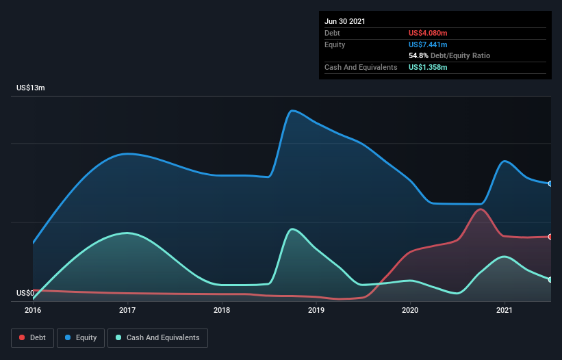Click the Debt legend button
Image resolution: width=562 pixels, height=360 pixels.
click(32, 337)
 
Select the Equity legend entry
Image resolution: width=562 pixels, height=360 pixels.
click(81, 337)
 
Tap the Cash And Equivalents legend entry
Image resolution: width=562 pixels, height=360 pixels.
click(157, 337)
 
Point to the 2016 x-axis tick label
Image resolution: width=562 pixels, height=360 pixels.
click(33, 310)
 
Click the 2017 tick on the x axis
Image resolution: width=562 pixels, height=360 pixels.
click(127, 310)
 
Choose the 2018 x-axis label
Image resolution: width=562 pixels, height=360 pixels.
click(222, 310)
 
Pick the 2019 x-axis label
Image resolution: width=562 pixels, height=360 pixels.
click(316, 310)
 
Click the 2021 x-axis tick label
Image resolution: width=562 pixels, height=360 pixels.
click(504, 310)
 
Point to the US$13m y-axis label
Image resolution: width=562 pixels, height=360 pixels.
click(31, 88)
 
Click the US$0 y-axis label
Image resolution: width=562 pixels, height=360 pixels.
click(25, 294)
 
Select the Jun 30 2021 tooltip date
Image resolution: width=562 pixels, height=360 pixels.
click(345, 21)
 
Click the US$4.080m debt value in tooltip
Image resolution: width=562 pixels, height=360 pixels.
click(429, 33)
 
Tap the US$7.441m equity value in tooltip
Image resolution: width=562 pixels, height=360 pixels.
click(429, 44)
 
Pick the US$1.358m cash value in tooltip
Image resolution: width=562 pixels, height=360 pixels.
click(429, 67)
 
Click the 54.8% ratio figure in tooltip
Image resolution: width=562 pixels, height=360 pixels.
click(420, 55)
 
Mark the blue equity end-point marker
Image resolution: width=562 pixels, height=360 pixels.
click(550, 183)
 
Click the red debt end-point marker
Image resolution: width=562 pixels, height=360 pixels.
click(550, 237)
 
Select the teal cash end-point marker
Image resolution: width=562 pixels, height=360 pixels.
click(550, 279)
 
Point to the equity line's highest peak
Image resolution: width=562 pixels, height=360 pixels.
click(293, 110)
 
